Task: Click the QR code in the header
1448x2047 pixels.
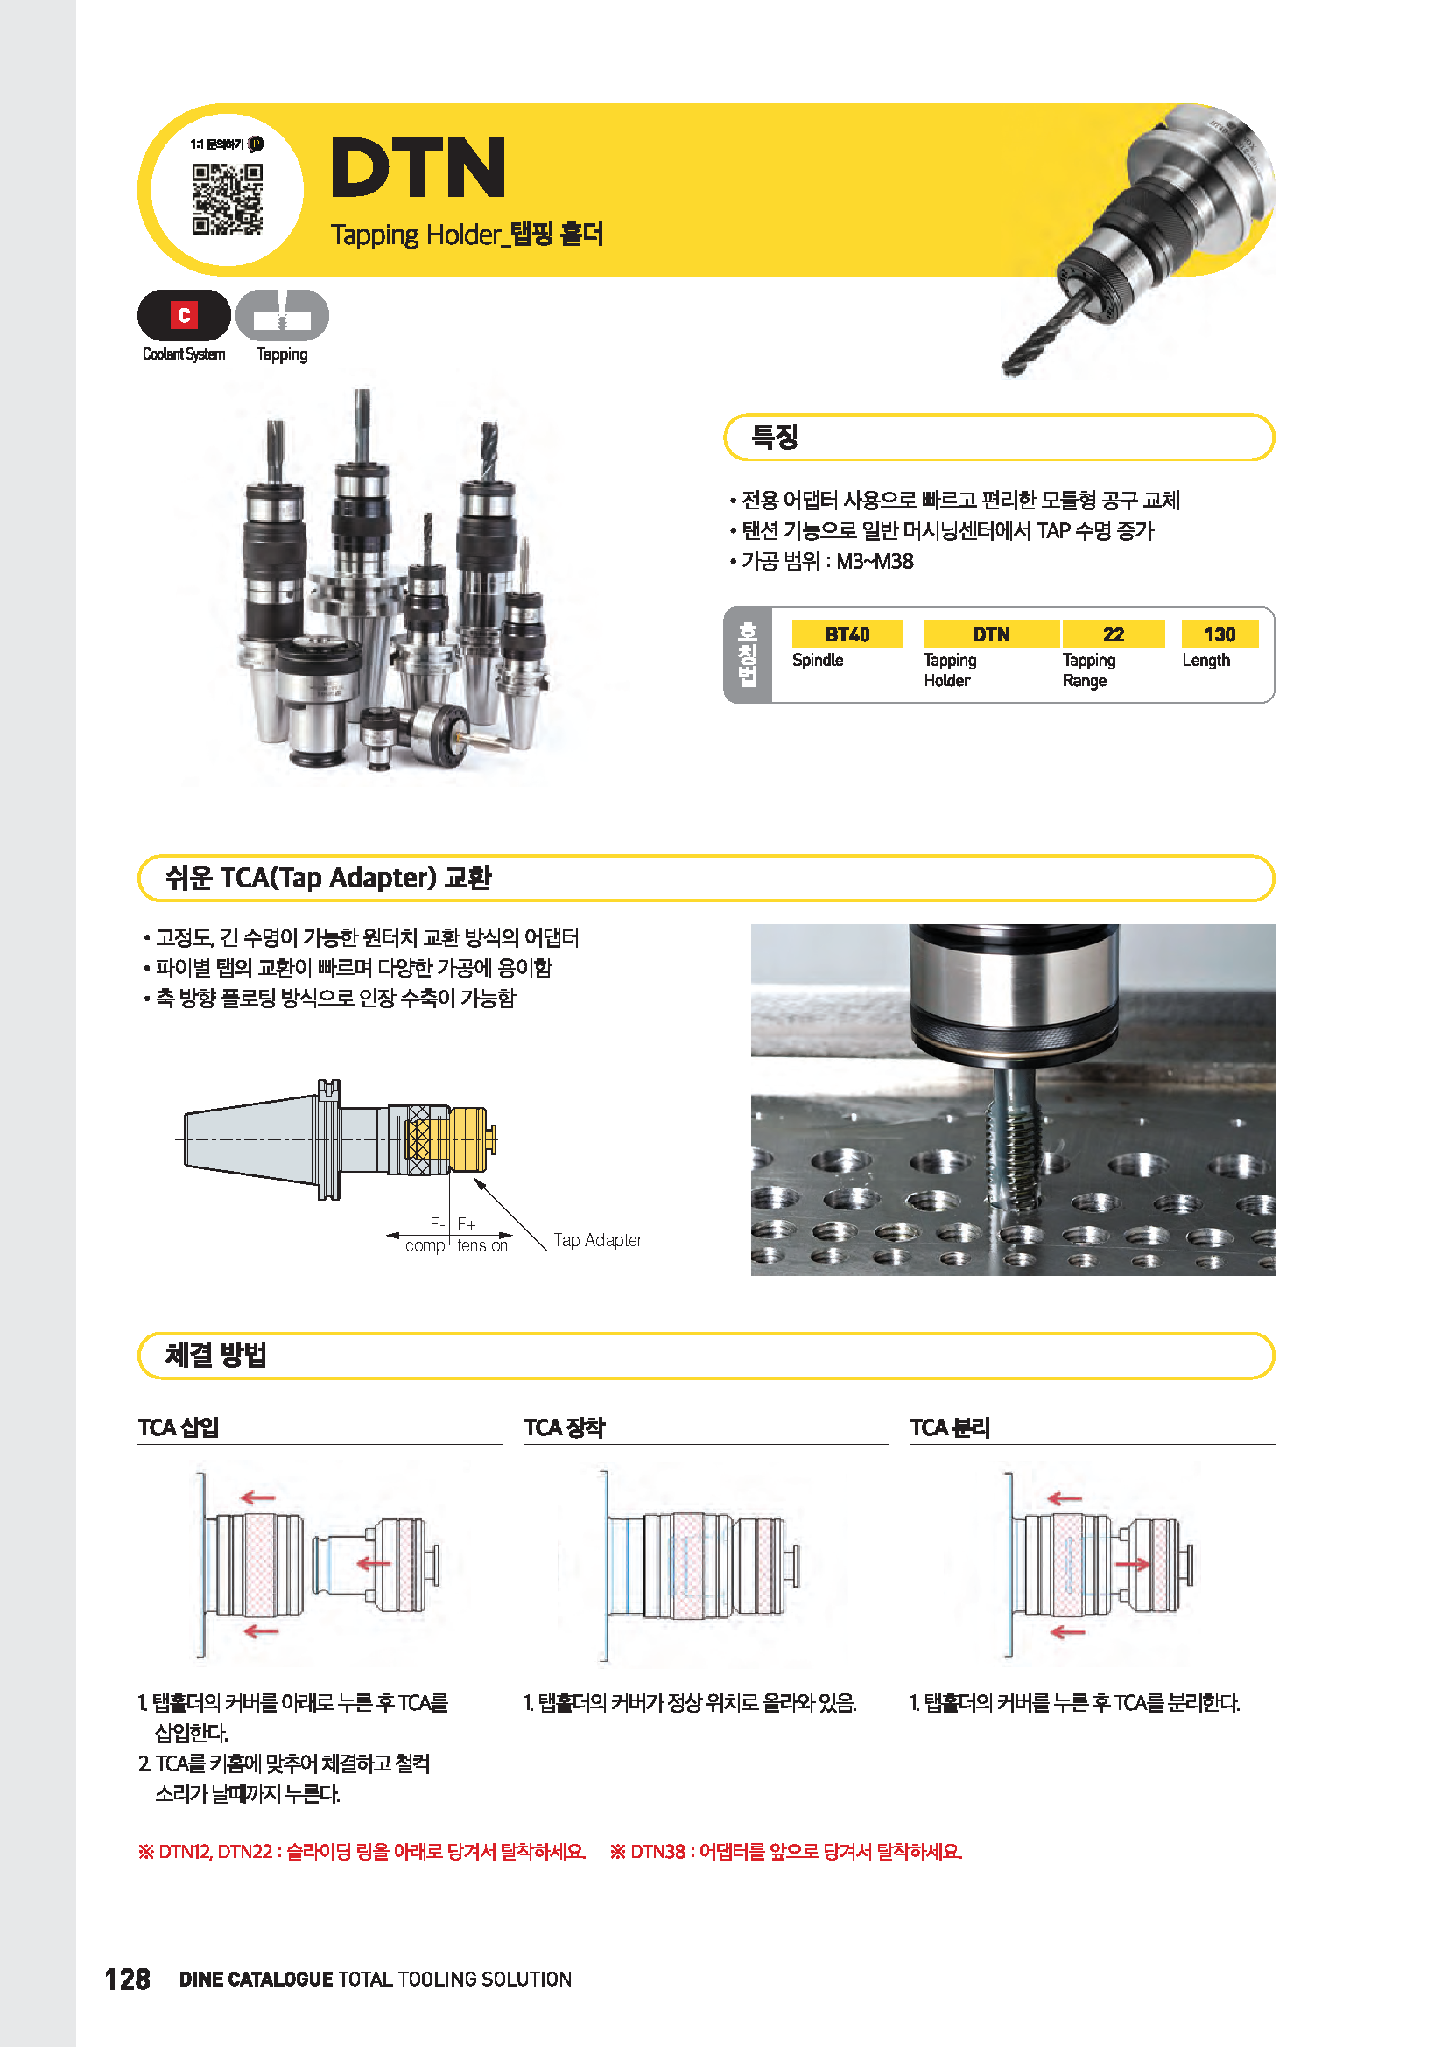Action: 228,199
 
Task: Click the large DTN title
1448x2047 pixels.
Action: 418,168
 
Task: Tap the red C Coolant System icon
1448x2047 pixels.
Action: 184,315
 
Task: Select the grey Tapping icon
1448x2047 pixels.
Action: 282,315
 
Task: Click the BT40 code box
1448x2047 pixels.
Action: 847,634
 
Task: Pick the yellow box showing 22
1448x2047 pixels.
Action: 1113,634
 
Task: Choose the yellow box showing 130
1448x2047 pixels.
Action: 1219,634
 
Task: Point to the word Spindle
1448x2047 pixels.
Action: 817,660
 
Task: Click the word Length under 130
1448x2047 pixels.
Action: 1205,660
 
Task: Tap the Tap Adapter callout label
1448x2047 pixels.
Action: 596,1240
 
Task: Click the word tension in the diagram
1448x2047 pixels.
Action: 482,1245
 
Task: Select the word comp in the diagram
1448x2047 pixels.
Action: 425,1245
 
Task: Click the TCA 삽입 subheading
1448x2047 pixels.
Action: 179,1427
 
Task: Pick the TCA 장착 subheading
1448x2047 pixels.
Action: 564,1427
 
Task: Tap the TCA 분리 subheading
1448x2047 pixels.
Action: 950,1427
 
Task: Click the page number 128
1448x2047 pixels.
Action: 127,1980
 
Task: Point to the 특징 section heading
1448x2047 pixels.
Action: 774,437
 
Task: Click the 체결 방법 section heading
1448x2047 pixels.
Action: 215,1355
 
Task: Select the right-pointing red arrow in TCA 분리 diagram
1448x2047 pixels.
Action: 1132,1564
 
